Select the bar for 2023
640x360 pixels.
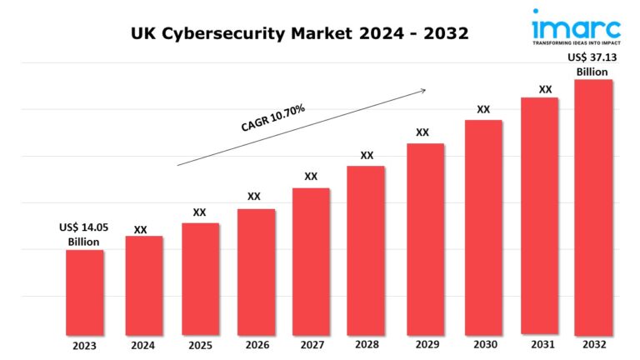85,292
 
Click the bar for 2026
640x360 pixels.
256,271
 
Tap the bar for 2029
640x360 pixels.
425,238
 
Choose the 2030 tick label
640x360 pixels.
483,345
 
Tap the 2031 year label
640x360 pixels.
540,345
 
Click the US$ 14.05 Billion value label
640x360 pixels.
83,234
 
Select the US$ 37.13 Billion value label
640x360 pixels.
593,64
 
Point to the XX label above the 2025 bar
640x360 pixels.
199,212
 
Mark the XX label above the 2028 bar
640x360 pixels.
367,155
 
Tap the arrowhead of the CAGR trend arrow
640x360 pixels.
424,89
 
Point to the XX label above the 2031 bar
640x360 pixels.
545,89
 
